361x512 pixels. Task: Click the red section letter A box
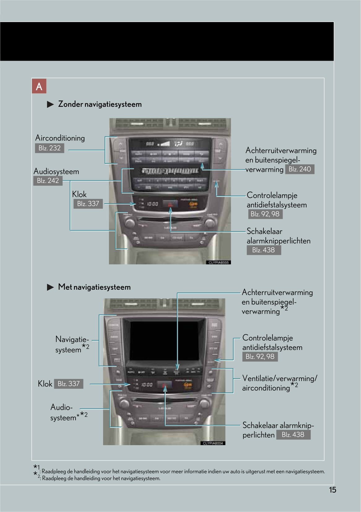pos(39,86)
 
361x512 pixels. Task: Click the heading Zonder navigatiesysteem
pos(100,104)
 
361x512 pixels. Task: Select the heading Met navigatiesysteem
pos(94,287)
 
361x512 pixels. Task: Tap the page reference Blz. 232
pos(50,148)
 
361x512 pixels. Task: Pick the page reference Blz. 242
pos(48,180)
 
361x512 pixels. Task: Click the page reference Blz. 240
pos(299,169)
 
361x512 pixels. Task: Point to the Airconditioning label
pos(60,138)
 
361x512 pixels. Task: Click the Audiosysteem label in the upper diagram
pos(56,171)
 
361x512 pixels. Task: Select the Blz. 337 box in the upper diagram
pos(88,204)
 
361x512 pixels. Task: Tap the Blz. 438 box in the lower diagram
pos(293,435)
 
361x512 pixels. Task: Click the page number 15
pos(333,490)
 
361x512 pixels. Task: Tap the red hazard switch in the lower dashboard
pos(165,385)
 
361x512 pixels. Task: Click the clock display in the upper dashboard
pos(152,204)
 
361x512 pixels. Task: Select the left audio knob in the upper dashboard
pos(130,222)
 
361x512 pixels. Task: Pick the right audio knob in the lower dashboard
pos(204,403)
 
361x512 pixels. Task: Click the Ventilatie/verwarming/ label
pos(280,378)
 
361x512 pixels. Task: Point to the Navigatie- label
pos(72,339)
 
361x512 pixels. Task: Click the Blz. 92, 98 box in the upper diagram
pos(265,214)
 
